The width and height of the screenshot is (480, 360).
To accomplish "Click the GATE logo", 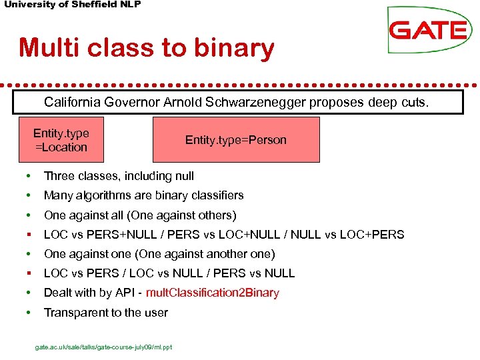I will coord(428,30).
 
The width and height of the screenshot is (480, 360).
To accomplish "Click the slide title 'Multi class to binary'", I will coord(147,48).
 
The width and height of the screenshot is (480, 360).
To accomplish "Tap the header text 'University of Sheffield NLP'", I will coord(73,5).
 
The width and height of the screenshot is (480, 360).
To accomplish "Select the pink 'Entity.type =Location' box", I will coord(61,140).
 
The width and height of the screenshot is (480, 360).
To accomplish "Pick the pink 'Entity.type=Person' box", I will coord(235,140).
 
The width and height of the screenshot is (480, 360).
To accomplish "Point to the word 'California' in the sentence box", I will coord(69,103).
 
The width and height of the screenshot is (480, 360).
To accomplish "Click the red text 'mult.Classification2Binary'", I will coord(212,293).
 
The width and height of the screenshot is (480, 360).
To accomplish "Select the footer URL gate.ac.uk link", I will coord(103,347).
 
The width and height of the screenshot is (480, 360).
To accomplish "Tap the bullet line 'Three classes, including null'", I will coord(119,176).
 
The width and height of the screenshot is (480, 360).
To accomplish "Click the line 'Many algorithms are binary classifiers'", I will coord(143,195).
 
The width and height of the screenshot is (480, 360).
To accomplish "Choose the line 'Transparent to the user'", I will coord(105,312).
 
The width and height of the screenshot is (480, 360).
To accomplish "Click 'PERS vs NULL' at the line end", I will coord(261,273).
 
